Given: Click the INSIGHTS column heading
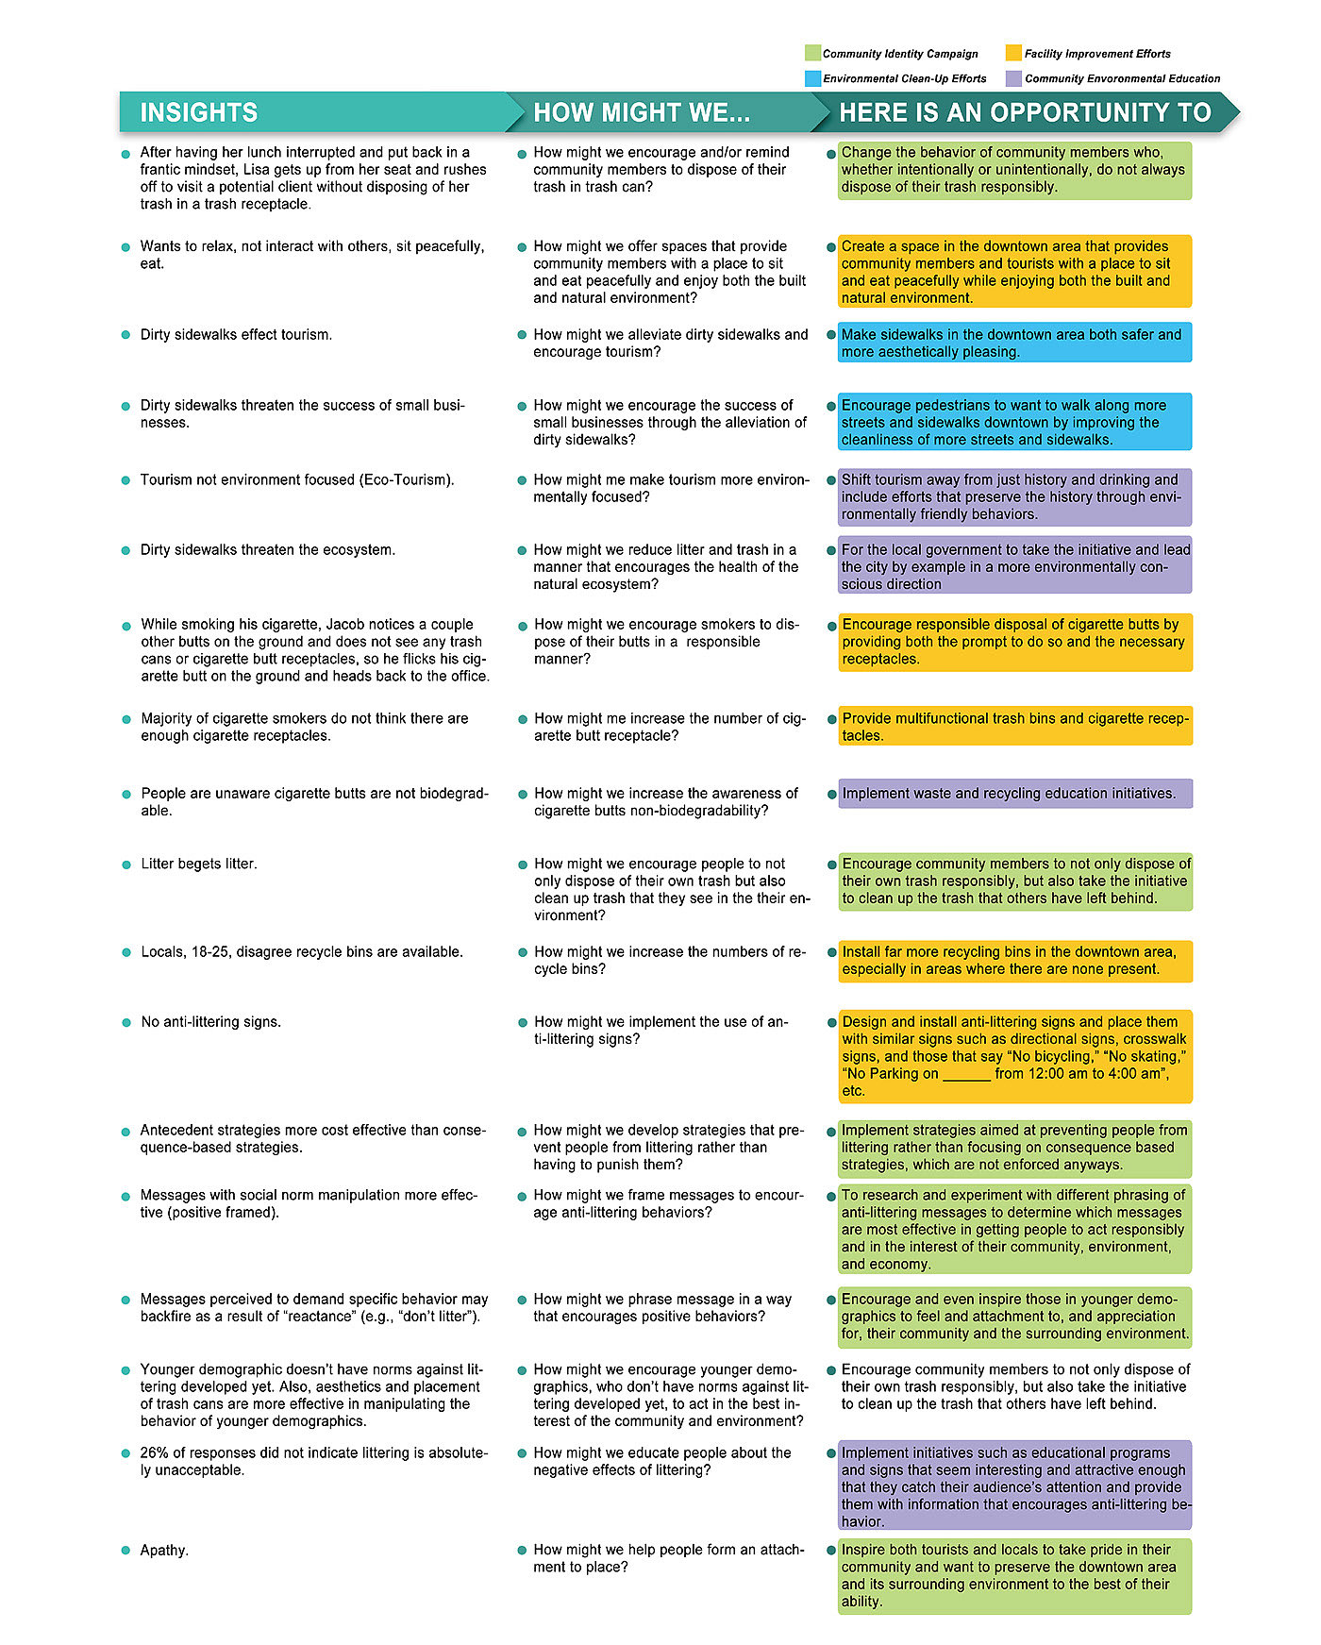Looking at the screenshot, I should point(198,112).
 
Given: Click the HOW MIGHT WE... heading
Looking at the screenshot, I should point(642,112).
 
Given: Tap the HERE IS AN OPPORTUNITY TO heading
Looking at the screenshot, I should point(1025,112).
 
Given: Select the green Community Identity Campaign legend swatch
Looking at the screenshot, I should point(812,53).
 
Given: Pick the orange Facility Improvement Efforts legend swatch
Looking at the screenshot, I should point(1013,53).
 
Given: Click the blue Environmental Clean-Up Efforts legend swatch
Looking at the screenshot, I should point(812,78).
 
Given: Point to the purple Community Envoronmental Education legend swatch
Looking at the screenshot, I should point(1013,78).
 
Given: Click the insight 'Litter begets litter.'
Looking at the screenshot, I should point(198,864).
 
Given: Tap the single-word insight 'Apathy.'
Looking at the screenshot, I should point(164,1550).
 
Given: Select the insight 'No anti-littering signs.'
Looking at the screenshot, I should point(210,1021).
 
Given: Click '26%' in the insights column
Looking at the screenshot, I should point(156,1452).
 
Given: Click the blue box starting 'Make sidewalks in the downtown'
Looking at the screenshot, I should point(1014,343).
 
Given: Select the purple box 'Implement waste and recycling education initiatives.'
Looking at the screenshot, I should point(1014,793).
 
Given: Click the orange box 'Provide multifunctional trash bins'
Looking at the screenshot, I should point(1014,726).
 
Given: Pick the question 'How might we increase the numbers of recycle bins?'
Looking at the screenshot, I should point(668,960).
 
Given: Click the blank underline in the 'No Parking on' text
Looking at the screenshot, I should point(966,1074).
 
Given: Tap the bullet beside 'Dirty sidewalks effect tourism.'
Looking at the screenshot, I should point(125,335).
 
